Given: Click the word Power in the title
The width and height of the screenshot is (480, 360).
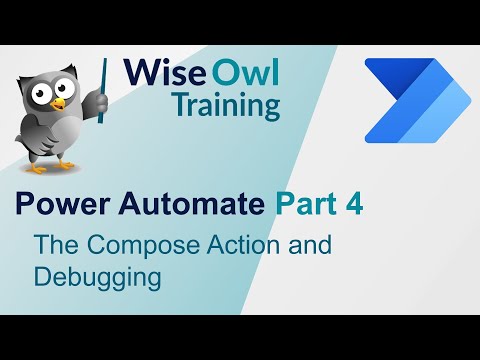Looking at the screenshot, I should pos(57,206).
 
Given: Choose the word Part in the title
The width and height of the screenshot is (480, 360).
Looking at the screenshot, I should pos(308,206).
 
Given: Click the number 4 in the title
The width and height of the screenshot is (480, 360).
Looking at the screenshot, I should pos(353,206).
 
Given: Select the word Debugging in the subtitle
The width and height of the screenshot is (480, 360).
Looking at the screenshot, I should pos(98,275).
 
